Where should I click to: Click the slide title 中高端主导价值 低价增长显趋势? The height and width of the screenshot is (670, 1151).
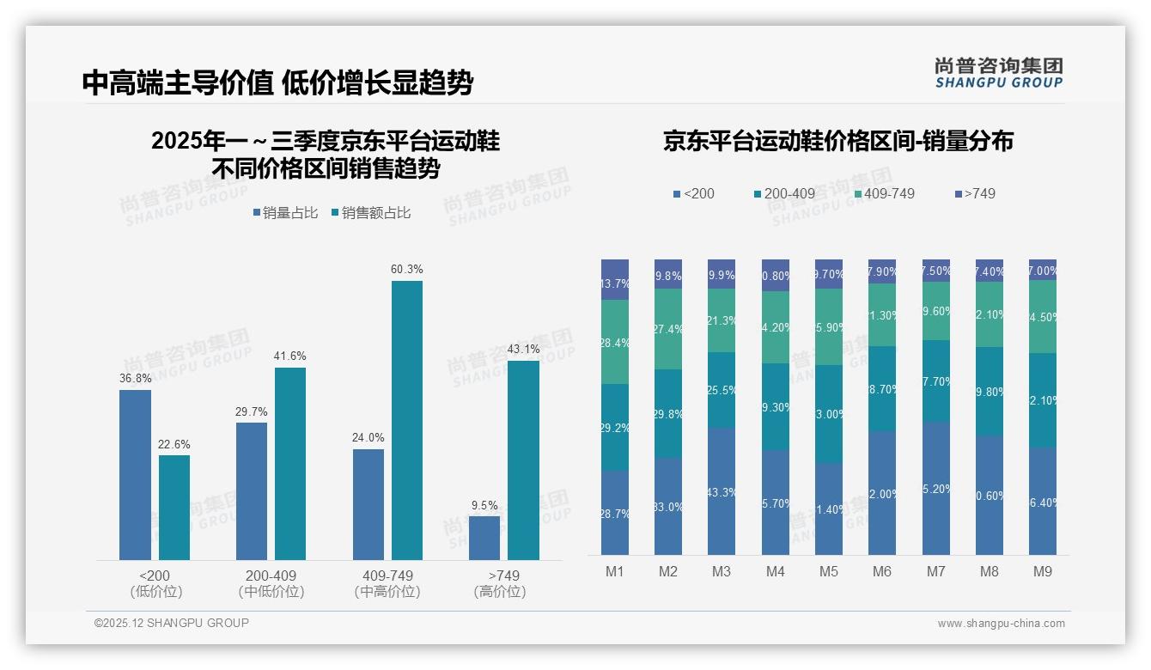click(277, 83)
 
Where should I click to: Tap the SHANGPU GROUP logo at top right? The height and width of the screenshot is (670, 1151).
click(998, 73)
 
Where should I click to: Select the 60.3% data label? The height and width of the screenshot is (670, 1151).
click(406, 270)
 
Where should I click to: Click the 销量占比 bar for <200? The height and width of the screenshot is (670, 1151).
click(135, 474)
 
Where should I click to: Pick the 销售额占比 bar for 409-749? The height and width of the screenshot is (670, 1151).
click(407, 420)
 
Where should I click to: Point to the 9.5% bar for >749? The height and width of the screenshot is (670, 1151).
click(484, 538)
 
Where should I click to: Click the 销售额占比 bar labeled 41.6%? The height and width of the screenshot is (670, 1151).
click(290, 463)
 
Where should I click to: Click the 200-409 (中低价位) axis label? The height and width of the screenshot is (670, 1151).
click(271, 583)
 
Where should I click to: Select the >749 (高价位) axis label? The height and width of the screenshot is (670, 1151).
click(500, 583)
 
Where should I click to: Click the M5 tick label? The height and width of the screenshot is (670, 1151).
click(828, 571)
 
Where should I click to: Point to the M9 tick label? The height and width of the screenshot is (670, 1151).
click(1043, 571)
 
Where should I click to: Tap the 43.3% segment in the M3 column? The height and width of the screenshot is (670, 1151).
click(722, 491)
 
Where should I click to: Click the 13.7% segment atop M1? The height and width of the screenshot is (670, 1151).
click(615, 280)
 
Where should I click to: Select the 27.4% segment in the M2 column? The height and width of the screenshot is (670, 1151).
click(668, 329)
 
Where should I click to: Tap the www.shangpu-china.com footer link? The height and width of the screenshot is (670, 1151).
click(1001, 624)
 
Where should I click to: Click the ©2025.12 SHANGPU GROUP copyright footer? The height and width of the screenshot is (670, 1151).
click(172, 623)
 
